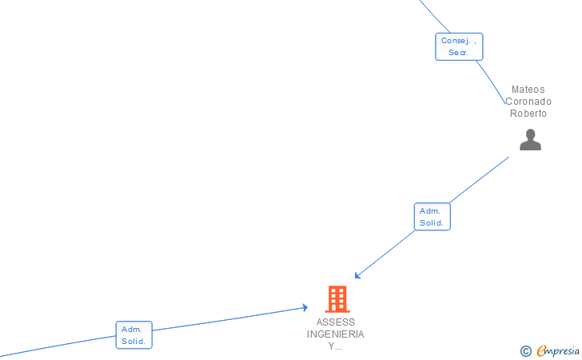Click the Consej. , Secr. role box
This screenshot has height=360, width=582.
(459, 46)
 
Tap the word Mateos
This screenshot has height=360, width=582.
(528, 90)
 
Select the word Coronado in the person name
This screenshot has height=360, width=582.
(528, 102)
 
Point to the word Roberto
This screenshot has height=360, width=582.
(528, 114)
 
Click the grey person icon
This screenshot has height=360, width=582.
(530, 140)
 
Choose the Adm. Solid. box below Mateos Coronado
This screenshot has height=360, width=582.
(432, 217)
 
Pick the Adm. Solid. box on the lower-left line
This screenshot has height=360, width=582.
(134, 335)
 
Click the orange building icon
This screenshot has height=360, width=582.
(337, 299)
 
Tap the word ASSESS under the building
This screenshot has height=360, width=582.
(336, 322)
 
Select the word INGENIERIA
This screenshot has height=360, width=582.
(336, 334)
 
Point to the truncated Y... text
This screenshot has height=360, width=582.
(336, 346)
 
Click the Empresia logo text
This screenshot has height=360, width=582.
(558, 350)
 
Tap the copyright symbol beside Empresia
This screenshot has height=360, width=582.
(525, 351)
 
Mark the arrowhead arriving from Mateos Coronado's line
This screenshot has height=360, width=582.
(357, 276)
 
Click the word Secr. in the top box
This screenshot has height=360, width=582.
(459, 53)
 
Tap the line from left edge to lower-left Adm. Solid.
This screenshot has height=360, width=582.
(56, 346)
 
